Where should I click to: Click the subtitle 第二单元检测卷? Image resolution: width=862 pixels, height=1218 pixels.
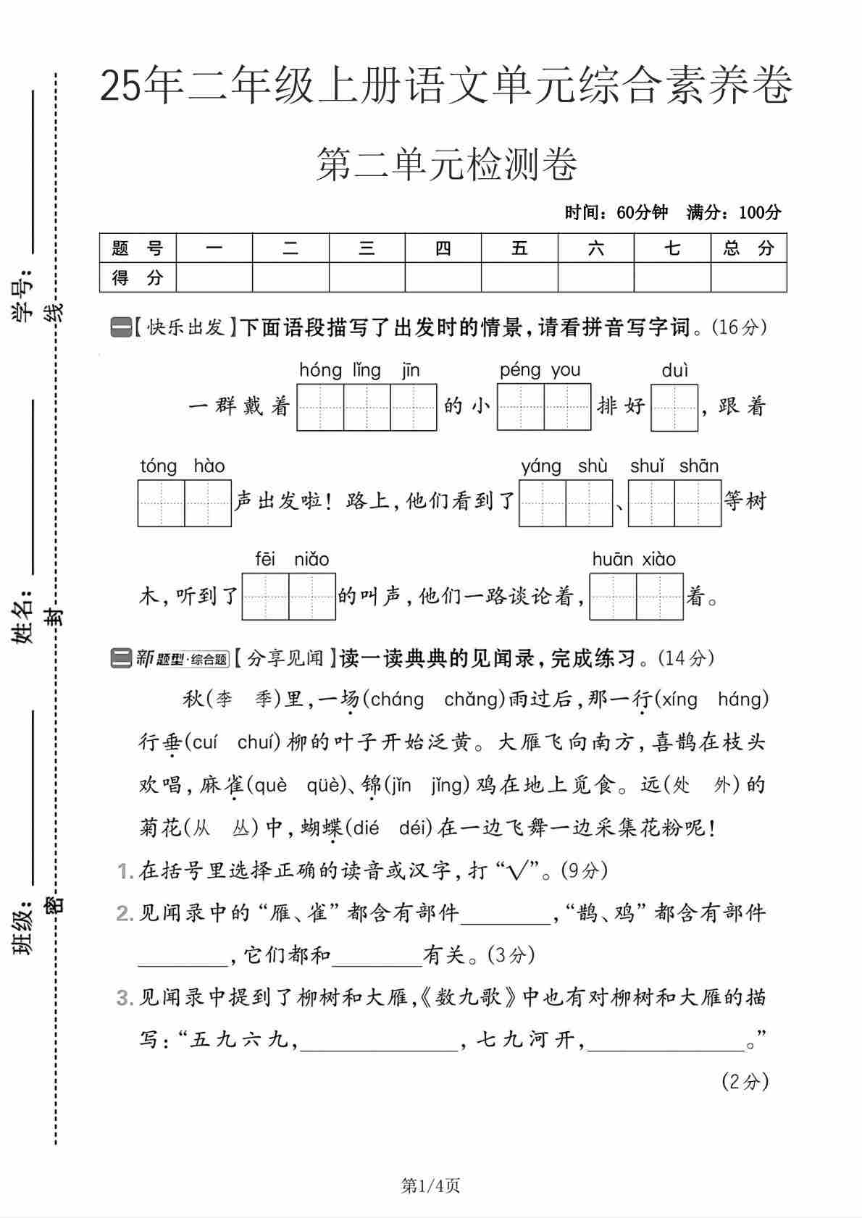(446, 164)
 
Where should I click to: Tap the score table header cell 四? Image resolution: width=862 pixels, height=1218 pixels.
(443, 248)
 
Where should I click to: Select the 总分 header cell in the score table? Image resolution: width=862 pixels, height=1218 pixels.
(748, 248)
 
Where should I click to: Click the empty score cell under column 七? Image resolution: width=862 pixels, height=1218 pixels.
(671, 277)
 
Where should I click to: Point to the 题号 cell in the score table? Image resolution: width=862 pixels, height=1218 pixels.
(138, 248)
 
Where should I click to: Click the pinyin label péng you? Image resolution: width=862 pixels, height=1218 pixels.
(540, 370)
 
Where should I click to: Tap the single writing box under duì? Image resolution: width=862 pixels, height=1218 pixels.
(674, 408)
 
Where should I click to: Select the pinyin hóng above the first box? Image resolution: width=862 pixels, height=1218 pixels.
(320, 370)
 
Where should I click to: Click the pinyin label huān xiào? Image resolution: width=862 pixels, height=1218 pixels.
(634, 559)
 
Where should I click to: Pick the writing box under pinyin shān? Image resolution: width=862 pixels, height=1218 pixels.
(698, 503)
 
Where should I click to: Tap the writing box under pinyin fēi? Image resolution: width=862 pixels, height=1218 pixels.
(265, 597)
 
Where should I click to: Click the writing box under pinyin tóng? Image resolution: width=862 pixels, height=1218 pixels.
(161, 503)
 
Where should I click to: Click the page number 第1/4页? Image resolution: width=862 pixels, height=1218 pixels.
(430, 1185)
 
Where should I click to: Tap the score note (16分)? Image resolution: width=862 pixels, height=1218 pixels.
(739, 327)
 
